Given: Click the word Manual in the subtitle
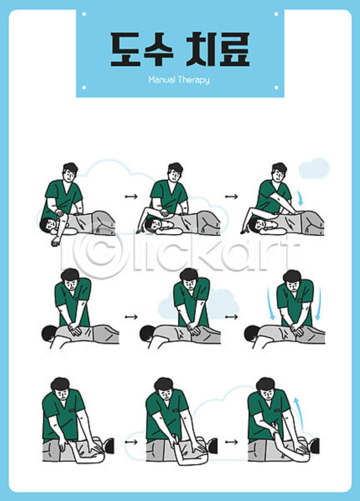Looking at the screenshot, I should coord(161,80).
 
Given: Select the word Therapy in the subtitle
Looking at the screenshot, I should coord(193,80).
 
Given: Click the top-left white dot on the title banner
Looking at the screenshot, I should coord(84,14).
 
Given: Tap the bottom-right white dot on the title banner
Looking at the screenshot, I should coord(276,87).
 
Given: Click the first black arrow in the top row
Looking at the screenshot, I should coord(131,196).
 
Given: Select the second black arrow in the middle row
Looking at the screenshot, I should coord(231,317).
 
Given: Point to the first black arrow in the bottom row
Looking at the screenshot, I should coord(131,442).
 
